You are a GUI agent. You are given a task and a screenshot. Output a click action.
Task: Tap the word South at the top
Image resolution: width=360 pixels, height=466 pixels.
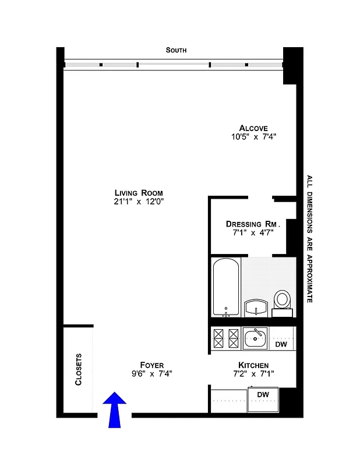pos(176,51)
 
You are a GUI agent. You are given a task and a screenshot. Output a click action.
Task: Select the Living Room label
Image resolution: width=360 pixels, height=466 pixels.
pos(139,193)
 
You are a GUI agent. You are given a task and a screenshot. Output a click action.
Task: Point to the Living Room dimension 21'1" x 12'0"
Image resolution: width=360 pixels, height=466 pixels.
pos(139,202)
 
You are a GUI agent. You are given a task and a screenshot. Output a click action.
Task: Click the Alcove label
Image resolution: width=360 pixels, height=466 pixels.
pos(253,128)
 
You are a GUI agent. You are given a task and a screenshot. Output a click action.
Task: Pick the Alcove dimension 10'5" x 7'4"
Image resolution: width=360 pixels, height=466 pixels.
pos(253,137)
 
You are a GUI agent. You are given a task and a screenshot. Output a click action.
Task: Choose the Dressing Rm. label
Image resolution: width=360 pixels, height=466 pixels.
pos(253,224)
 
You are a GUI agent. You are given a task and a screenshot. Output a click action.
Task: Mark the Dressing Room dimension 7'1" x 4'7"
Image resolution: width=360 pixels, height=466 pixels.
pos(253,232)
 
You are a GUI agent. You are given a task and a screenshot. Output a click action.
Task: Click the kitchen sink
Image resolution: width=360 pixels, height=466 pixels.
pos(255,336)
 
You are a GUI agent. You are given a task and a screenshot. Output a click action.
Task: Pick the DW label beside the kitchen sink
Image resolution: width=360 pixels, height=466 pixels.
pos(281,344)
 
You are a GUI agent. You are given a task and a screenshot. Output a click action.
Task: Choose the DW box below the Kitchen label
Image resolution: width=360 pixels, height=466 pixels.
pos(263,395)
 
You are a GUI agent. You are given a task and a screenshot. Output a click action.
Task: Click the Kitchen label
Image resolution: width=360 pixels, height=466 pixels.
pos(253,365)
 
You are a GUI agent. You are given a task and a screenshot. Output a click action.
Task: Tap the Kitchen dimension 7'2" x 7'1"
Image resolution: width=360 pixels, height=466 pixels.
pos(253,374)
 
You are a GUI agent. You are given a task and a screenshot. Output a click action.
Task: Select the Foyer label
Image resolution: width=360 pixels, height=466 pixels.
pos(151,365)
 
